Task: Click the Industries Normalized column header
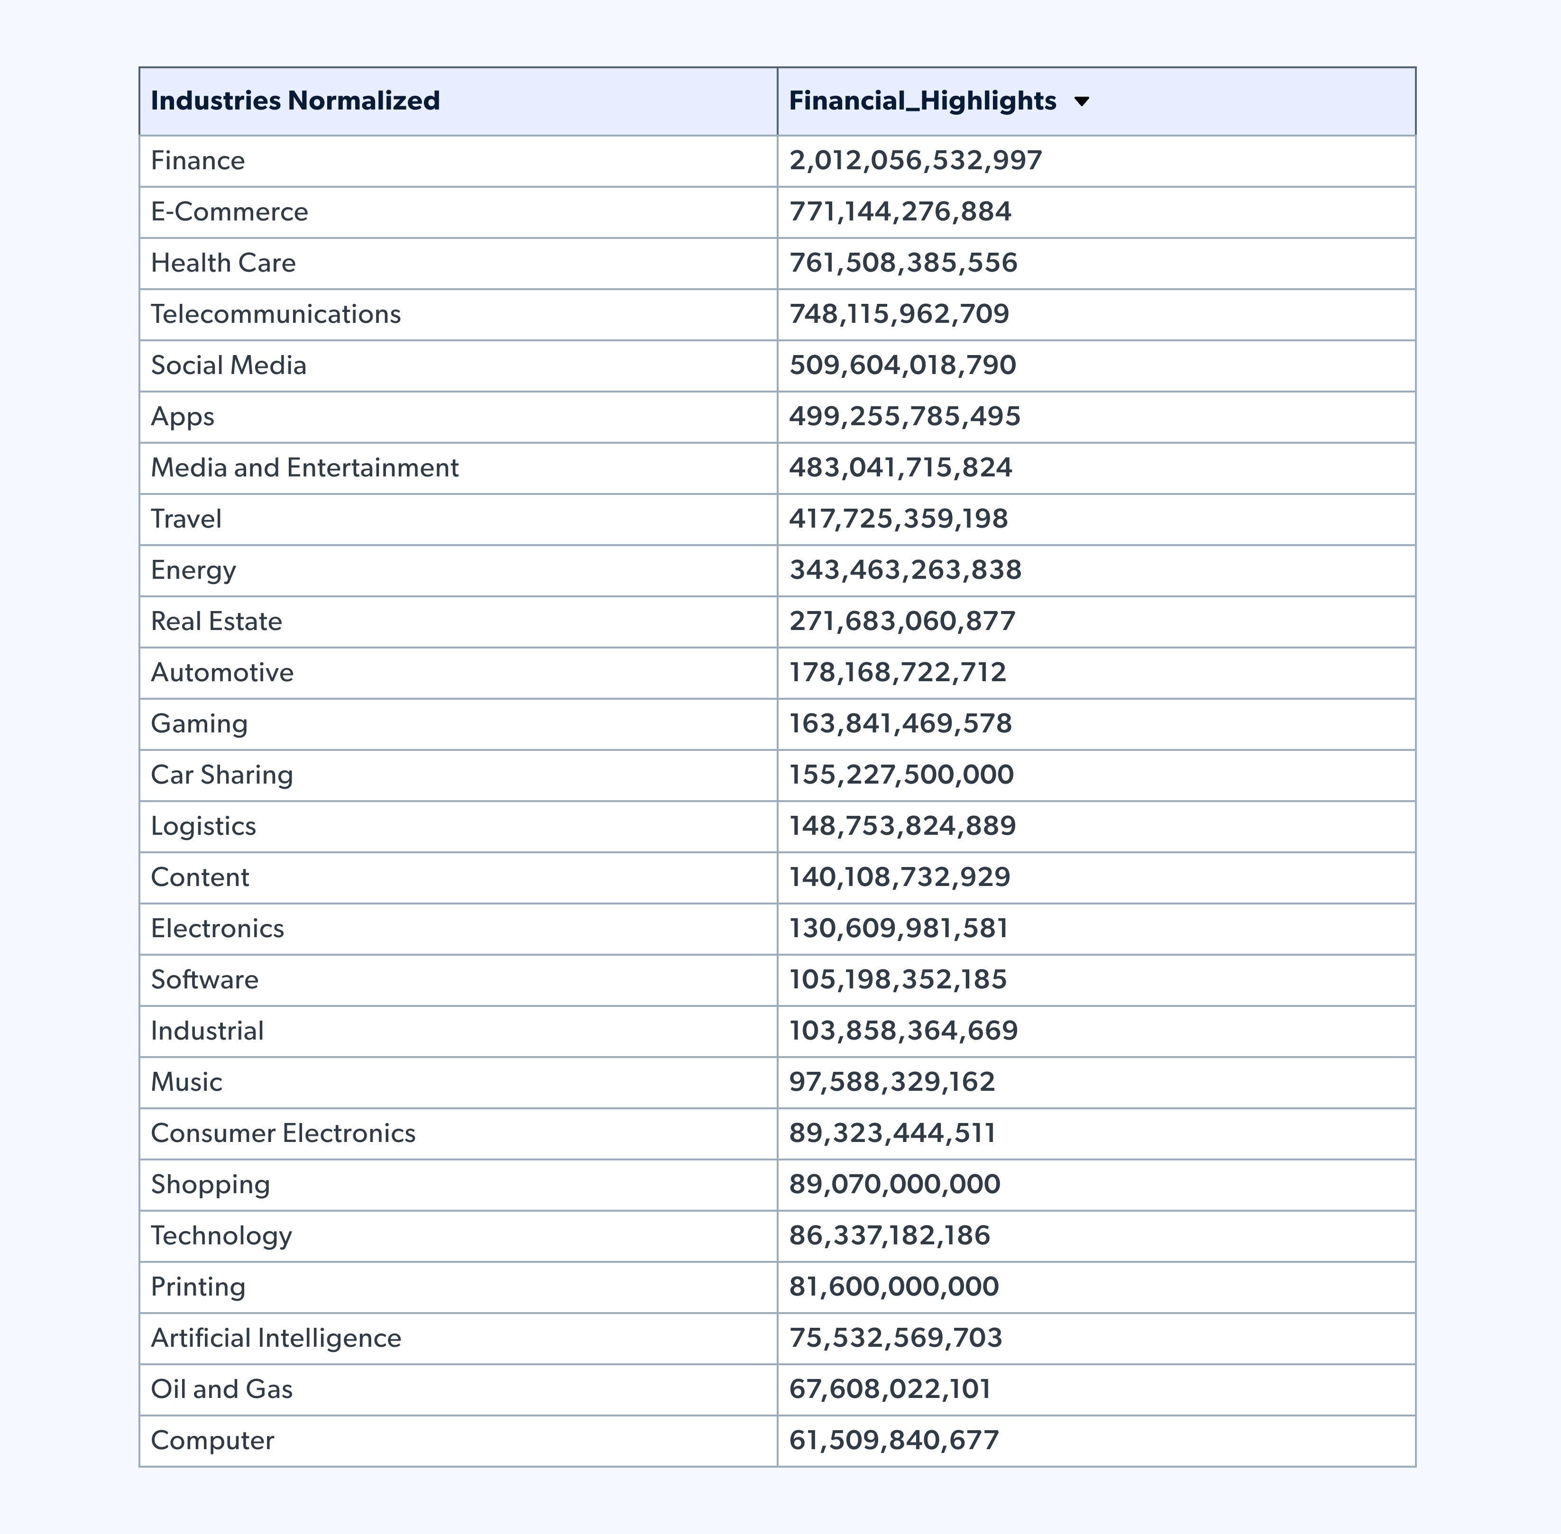(295, 100)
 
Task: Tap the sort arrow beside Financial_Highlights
(1082, 101)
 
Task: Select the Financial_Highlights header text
(922, 100)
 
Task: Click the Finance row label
(197, 160)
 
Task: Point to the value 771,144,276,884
(900, 212)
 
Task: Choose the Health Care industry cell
(223, 263)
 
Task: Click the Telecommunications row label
(275, 314)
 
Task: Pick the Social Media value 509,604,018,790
(902, 365)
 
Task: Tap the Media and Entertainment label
(304, 467)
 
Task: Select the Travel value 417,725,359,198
(898, 519)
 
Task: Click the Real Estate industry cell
(216, 621)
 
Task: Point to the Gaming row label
(199, 723)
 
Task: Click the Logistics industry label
(203, 826)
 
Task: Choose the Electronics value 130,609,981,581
(898, 928)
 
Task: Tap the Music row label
(186, 1082)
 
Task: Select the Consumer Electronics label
(283, 1133)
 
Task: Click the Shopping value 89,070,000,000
(894, 1184)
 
